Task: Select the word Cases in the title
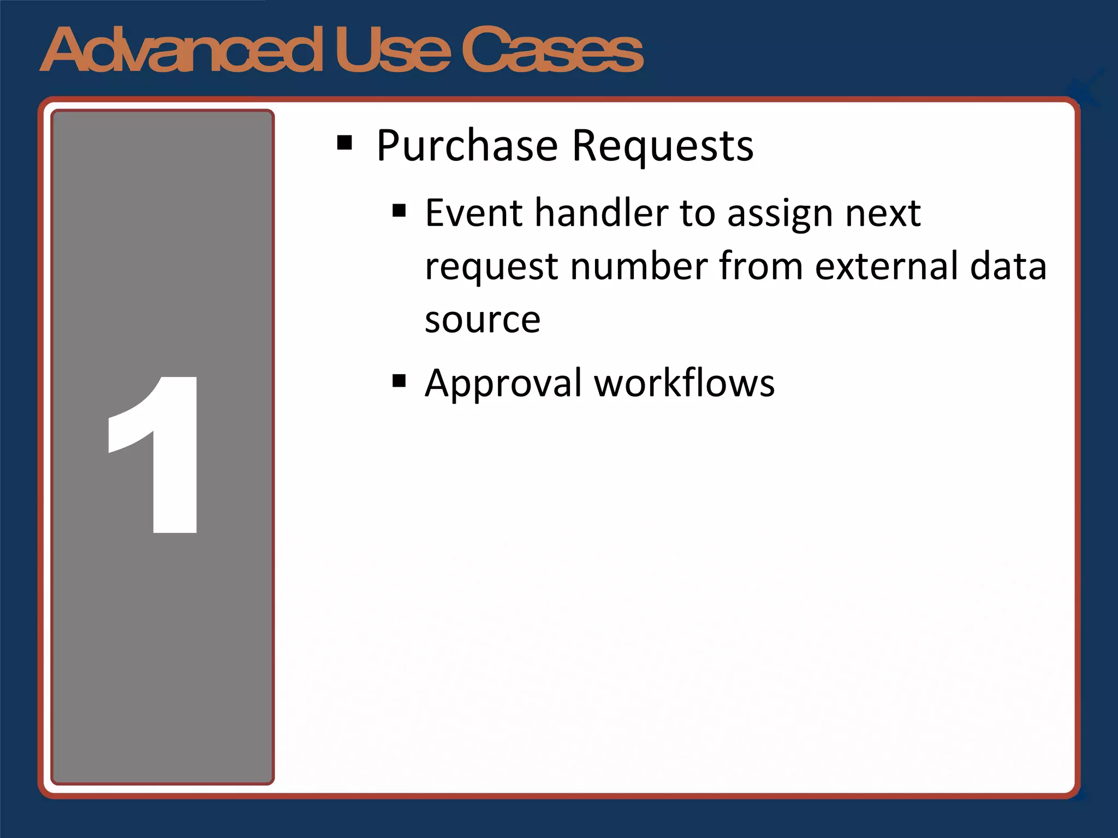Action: pyautogui.click(x=552, y=50)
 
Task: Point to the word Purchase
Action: pyautogui.click(x=467, y=146)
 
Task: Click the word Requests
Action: pyautogui.click(x=663, y=146)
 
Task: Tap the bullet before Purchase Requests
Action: pyautogui.click(x=344, y=143)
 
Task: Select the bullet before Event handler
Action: pyautogui.click(x=399, y=211)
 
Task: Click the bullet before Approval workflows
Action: pyautogui.click(x=399, y=381)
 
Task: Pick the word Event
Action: pyautogui.click(x=473, y=213)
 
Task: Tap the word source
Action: pyautogui.click(x=483, y=320)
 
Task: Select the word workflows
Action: pyautogui.click(x=685, y=383)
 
